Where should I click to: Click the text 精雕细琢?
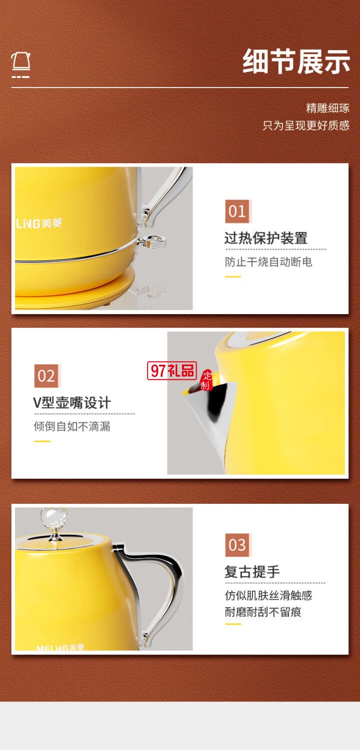327,108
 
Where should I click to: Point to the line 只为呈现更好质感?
306,125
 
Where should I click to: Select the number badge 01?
237,211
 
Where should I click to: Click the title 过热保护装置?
265,238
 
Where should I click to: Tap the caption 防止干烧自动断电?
268,262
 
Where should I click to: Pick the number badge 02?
46,376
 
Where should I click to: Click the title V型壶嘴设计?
72,403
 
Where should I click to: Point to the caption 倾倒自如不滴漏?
72,426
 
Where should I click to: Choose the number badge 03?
237,545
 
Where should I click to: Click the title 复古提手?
251,572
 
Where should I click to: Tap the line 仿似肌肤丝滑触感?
268,595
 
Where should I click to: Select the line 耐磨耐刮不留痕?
263,612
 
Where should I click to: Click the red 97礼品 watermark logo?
172,371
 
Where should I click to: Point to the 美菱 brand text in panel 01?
51,223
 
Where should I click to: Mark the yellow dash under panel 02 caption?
42,441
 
